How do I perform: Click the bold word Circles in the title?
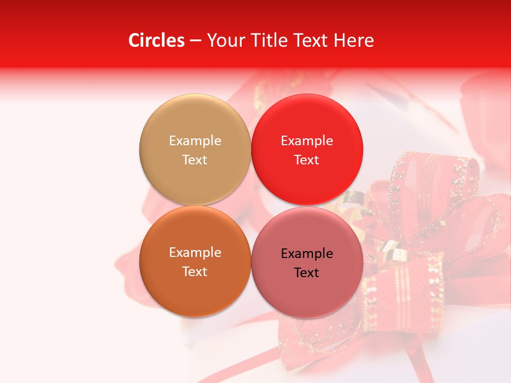click(156, 40)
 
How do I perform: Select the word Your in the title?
click(225, 40)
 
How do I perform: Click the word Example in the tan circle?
click(195, 140)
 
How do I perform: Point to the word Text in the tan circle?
click(195, 160)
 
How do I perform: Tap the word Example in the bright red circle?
click(307, 140)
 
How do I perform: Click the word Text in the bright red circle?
click(307, 160)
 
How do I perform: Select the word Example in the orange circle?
click(195, 252)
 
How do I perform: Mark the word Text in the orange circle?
click(195, 271)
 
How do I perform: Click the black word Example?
click(307, 253)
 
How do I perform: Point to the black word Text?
click(307, 272)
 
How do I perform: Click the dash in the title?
click(195, 41)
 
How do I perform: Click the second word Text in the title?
click(311, 40)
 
